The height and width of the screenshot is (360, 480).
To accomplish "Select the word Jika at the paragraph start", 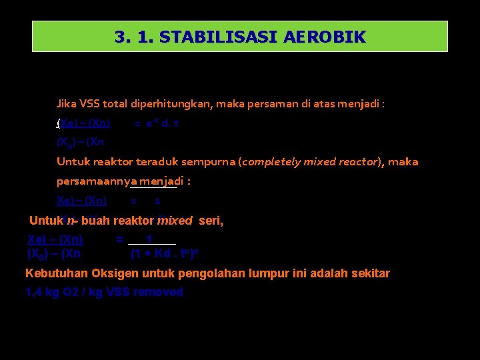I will point(66,104).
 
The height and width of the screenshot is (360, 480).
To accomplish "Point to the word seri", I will point(211,221).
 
